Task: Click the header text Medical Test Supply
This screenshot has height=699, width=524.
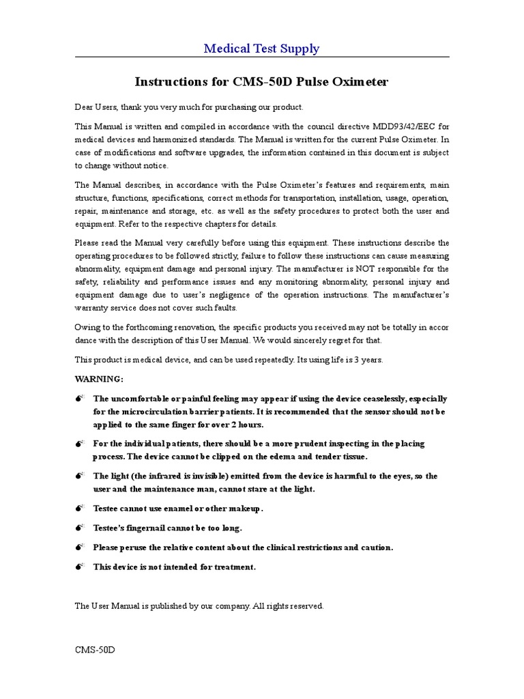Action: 261,48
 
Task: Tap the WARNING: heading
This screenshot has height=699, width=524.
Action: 99,378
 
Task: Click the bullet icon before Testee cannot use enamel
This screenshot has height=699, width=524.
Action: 79,509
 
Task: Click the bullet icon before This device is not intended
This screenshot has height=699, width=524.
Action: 79,567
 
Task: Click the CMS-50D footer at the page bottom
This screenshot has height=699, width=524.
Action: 95,649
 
